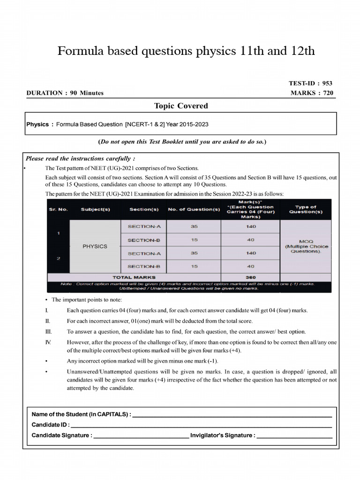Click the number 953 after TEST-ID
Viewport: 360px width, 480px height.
point(327,83)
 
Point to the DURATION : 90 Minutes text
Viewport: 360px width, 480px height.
point(65,93)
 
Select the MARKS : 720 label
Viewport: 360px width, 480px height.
point(312,93)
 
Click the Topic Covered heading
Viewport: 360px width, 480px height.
point(181,106)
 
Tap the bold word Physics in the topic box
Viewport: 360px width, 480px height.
point(37,125)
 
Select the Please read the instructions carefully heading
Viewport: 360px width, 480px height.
point(80,158)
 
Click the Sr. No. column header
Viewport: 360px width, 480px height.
point(59,209)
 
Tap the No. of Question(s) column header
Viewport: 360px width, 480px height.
point(194,209)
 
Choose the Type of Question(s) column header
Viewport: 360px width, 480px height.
point(306,209)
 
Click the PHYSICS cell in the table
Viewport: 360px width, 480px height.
point(95,247)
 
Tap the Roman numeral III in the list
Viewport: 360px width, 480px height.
point(47,331)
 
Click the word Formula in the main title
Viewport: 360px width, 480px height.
point(80,51)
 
